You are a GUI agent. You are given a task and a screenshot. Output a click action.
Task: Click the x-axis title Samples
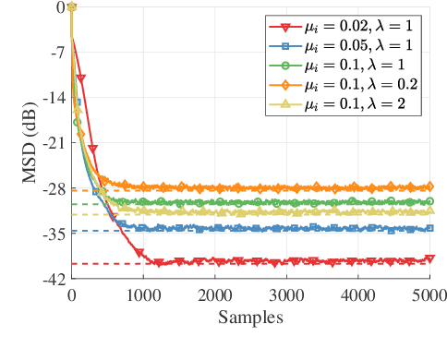coord(250,317)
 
